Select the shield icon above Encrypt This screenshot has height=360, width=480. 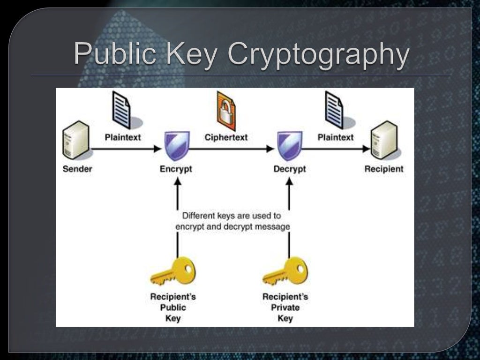176,145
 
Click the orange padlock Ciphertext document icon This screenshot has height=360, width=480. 226,111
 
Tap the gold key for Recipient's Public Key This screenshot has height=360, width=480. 173,271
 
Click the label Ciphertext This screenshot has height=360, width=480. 226,137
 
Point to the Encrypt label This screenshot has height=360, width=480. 176,169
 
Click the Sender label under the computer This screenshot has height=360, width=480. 77,169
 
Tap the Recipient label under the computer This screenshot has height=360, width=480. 383,169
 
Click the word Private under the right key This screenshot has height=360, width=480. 285,307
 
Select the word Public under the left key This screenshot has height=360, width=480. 173,307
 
